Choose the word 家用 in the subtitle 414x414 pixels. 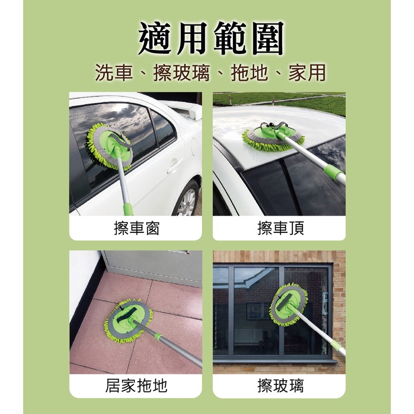(307, 73)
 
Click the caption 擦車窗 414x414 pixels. (136, 228)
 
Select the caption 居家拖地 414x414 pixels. (136, 385)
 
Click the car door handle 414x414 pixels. (174, 166)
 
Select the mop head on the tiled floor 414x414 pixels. (129, 321)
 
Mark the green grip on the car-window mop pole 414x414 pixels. (128, 209)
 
